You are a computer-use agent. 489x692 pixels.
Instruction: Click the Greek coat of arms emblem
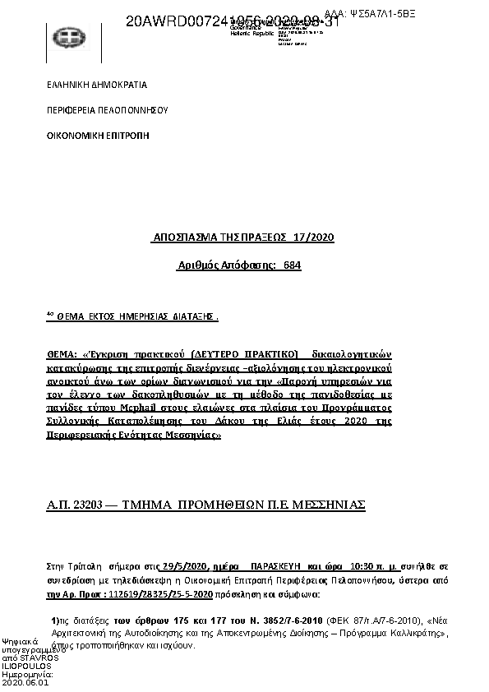tap(66, 38)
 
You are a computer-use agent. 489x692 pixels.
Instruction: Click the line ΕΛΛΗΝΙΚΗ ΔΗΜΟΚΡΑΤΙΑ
tap(96, 85)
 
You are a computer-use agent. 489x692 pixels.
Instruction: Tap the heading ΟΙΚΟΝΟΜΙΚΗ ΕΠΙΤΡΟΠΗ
tap(98, 132)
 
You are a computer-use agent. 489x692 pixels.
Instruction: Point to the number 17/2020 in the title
tap(316, 238)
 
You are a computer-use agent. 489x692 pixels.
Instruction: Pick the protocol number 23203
tap(85, 505)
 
